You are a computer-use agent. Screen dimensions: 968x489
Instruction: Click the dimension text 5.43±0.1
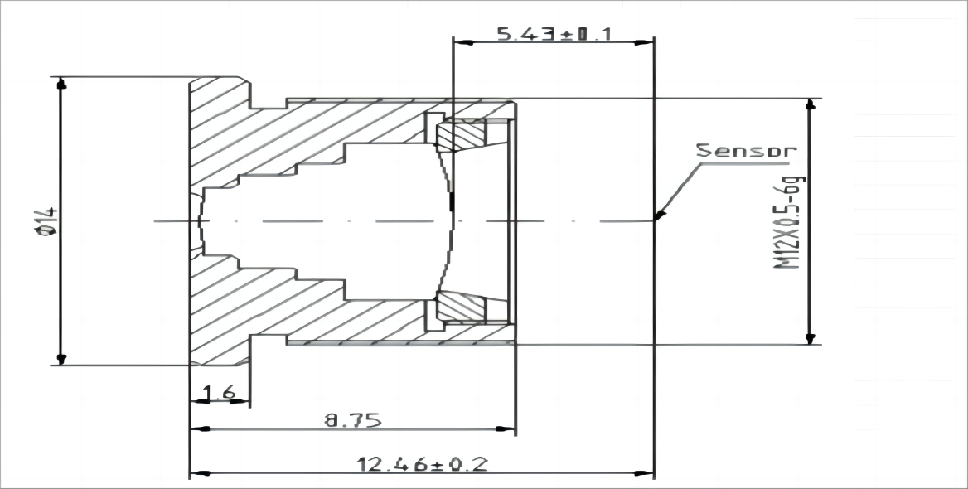[554, 34]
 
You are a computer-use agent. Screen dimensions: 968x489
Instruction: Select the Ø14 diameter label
[47, 221]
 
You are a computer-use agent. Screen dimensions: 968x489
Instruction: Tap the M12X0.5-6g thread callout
[790, 221]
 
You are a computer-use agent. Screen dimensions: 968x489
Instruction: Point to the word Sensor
[747, 150]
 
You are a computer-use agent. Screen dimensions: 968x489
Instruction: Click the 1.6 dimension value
[219, 393]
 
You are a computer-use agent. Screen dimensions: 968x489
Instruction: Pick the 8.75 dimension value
[353, 420]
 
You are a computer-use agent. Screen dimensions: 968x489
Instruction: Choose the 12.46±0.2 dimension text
[423, 463]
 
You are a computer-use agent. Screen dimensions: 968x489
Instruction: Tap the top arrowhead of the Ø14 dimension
[60, 84]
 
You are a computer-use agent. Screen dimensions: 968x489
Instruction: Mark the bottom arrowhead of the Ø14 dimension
[60, 359]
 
